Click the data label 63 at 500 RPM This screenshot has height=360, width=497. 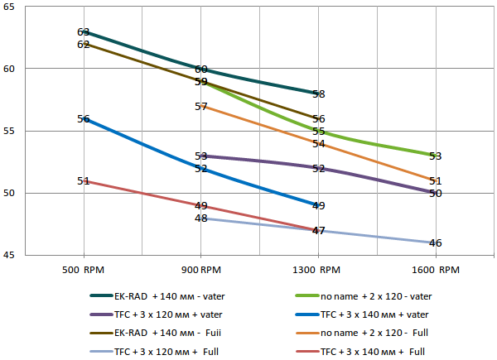(x=84, y=32)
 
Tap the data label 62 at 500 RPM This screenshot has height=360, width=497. (x=84, y=44)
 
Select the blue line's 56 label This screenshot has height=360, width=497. (x=84, y=119)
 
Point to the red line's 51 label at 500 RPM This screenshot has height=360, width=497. (x=84, y=180)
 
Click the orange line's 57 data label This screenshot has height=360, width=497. (x=201, y=107)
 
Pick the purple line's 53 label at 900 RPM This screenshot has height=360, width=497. (x=201, y=156)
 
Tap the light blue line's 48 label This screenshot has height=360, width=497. (x=201, y=218)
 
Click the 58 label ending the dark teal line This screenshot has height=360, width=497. (x=319, y=94)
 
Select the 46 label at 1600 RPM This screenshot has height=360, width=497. (x=436, y=243)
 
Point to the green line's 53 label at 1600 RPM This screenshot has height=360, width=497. (x=436, y=156)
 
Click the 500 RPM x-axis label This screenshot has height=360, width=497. (x=84, y=270)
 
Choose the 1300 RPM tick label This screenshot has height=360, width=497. (x=318, y=270)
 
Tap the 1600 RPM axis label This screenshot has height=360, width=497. (x=436, y=270)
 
